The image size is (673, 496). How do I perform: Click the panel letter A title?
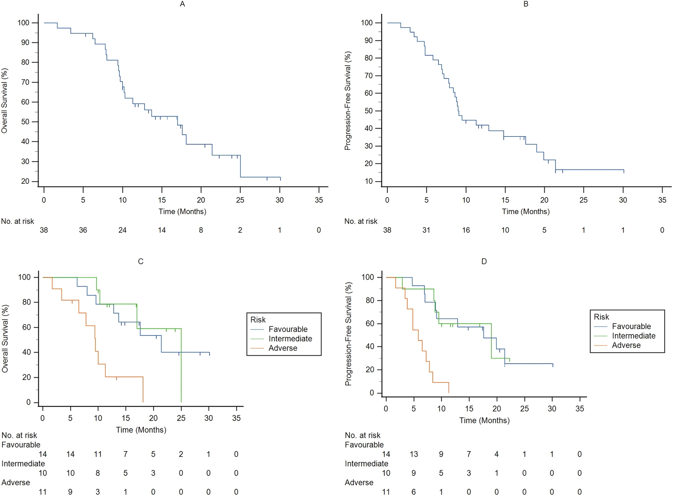182,4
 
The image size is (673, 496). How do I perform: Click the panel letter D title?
484,261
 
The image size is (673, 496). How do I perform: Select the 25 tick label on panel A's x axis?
240,200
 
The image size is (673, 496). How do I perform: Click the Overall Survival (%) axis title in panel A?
4,101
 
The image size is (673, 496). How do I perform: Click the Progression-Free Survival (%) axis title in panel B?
348,101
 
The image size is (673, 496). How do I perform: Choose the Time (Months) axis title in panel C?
141,430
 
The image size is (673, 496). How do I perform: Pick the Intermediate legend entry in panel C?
290,339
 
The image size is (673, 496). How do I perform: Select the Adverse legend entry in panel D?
626,345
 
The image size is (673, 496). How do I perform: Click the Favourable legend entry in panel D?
631,326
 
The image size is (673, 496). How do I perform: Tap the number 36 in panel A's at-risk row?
83,230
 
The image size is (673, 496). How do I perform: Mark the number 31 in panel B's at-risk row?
426,230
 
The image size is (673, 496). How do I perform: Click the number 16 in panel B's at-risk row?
466,230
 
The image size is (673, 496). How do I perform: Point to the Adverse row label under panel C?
16,482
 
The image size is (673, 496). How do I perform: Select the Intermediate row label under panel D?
366,464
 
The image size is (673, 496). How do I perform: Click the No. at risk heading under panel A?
18,221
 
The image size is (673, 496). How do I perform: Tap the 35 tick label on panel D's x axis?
580,409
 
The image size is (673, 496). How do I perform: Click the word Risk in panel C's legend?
258,320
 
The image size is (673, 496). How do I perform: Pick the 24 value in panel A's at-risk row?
122,230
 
